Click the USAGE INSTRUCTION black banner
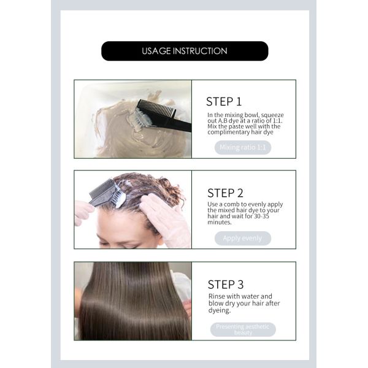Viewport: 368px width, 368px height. [184, 51]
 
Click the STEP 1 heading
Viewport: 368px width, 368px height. [224, 102]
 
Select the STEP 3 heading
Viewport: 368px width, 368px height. [225, 284]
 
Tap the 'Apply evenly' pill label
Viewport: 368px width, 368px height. [242, 239]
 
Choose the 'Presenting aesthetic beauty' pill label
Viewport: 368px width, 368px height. [243, 329]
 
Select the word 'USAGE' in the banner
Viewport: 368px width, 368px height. [155, 51]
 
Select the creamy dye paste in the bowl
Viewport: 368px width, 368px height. [123, 132]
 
